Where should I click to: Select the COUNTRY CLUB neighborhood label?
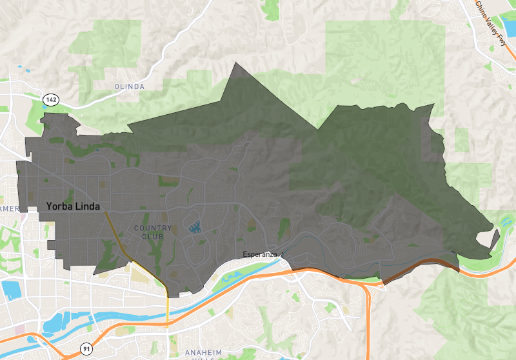(153, 232)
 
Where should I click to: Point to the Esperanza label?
(260, 254)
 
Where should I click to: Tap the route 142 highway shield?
(51, 99)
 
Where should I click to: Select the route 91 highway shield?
(86, 348)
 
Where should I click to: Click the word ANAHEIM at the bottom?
(204, 352)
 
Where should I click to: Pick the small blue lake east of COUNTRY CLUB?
(193, 226)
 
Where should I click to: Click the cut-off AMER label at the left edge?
(9, 209)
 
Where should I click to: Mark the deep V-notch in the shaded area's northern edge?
(319, 128)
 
